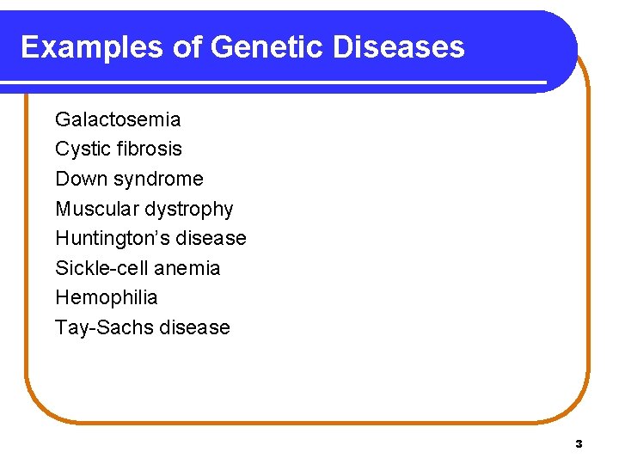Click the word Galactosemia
point(118,119)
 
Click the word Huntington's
point(116,239)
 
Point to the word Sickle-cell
point(101,268)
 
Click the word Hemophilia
point(107,298)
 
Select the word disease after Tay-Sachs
point(198,327)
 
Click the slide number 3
point(579,444)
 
